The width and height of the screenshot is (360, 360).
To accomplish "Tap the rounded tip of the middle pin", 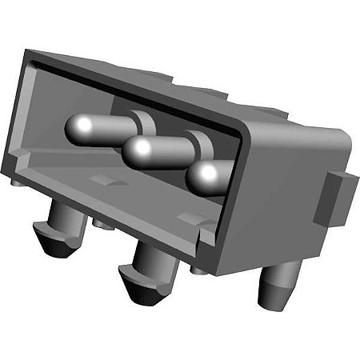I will [x=141, y=147].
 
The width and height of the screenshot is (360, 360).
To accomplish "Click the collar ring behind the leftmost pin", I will [x=143, y=124].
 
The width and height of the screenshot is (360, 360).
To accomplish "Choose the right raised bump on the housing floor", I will [x=186, y=216].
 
